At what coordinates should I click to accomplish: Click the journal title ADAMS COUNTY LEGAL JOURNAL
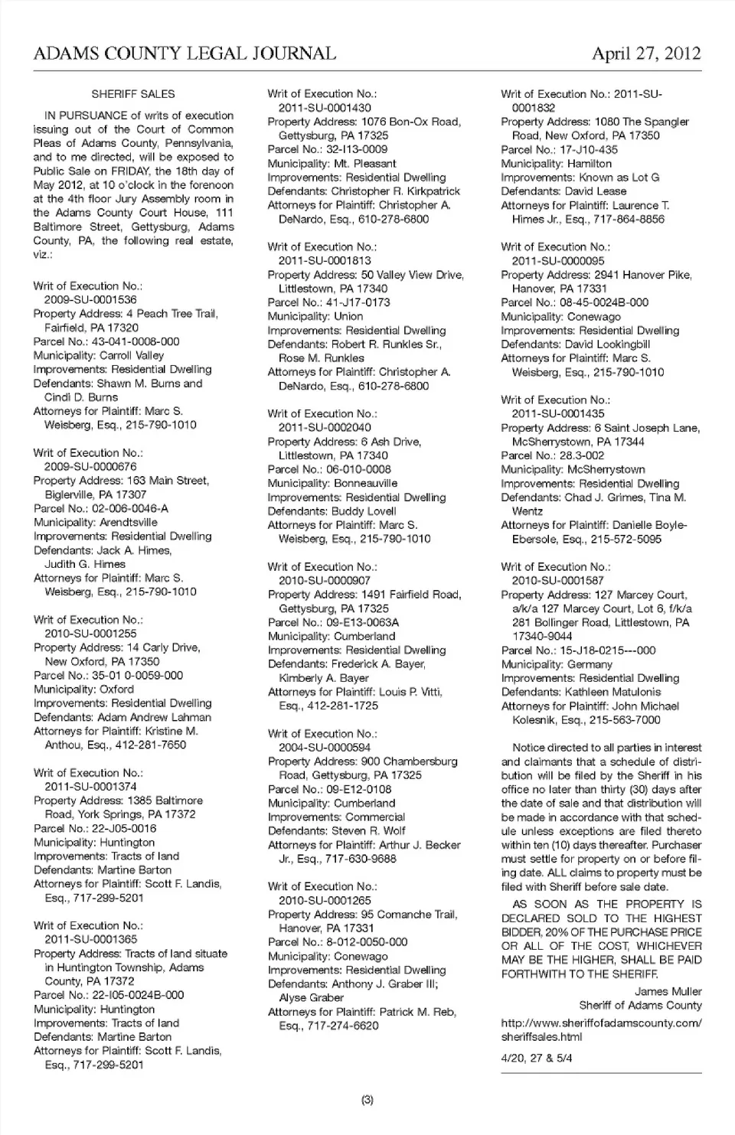[185, 54]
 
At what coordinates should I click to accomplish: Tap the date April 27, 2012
[646, 54]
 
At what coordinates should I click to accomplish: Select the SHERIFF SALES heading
[133, 94]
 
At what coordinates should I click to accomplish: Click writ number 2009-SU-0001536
[90, 300]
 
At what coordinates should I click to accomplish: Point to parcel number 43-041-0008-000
[136, 341]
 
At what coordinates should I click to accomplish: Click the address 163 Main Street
[168, 481]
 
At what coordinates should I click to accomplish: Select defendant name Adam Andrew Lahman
[154, 717]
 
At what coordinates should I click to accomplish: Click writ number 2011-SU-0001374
[91, 787]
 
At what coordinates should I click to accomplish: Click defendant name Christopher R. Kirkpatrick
[396, 191]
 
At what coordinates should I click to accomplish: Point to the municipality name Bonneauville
[365, 484]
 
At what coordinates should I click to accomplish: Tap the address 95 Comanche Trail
[409, 915]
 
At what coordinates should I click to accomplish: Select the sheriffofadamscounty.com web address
[601, 1022]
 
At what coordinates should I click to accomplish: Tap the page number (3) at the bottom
[367, 1100]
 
